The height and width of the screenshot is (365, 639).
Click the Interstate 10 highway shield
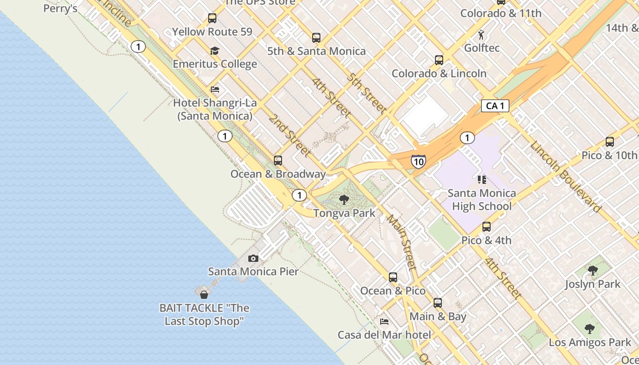(418, 161)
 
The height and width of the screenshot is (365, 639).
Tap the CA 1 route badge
(495, 106)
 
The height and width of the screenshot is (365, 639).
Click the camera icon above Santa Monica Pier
(253, 259)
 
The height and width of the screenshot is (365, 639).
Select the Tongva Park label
(344, 213)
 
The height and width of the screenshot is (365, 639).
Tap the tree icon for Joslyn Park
(592, 271)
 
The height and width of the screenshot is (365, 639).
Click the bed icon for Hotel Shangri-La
(215, 89)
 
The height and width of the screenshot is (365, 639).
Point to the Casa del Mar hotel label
(384, 335)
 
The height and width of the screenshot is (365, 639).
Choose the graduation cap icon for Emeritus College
(215, 51)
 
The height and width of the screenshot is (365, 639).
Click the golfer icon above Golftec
(481, 35)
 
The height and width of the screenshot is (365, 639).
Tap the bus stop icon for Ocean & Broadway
(278, 161)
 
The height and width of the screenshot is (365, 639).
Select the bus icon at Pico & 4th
(487, 227)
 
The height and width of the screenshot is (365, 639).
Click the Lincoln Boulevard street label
(565, 177)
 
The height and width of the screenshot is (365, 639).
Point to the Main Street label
(402, 241)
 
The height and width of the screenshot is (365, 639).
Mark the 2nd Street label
(289, 136)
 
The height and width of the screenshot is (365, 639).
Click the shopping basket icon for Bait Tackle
(204, 295)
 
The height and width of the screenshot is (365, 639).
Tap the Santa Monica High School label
(482, 200)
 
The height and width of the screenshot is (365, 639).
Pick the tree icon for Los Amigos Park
(590, 329)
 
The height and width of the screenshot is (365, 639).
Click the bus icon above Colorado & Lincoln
(439, 60)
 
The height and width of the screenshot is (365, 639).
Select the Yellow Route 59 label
(212, 32)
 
